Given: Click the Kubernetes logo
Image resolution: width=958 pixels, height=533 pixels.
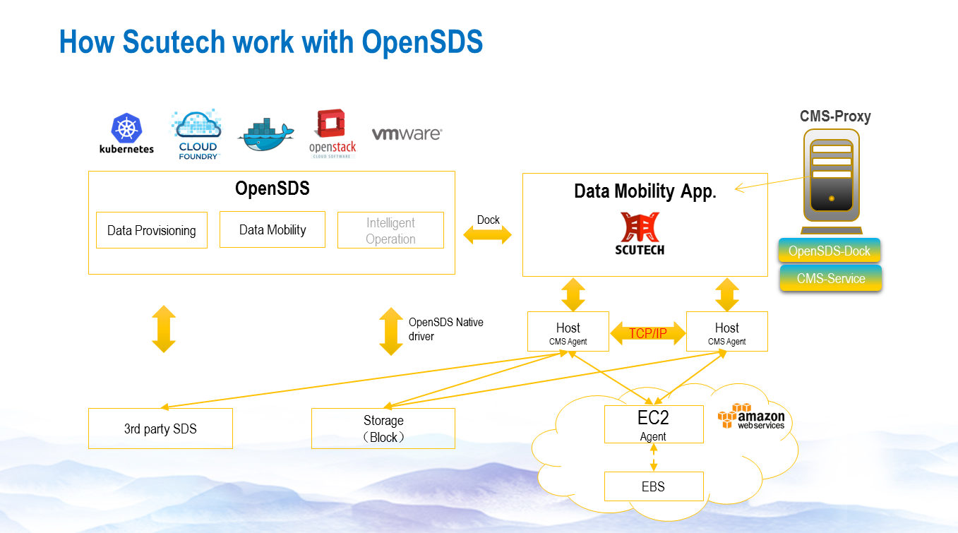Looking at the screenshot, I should pyautogui.click(x=126, y=133).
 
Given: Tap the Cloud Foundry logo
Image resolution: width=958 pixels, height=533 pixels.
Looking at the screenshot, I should pyautogui.click(x=197, y=134).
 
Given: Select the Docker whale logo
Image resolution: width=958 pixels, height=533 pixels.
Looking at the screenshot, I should pyautogui.click(x=267, y=133).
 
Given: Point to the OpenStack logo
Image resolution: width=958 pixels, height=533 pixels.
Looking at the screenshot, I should pyautogui.click(x=333, y=133).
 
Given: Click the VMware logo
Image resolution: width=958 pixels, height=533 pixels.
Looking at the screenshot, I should pyautogui.click(x=407, y=133).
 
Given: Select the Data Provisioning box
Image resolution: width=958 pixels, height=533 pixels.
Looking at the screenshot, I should pyautogui.click(x=151, y=230).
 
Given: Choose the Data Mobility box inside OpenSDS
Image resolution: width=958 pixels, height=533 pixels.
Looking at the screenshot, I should pyautogui.click(x=273, y=229).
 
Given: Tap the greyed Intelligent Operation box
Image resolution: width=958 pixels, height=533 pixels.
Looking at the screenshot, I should pyautogui.click(x=390, y=230).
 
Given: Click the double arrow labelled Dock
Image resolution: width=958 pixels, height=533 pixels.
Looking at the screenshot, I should pyautogui.click(x=488, y=236).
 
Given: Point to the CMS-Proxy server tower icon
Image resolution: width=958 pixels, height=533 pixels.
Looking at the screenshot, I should pyautogui.click(x=832, y=179).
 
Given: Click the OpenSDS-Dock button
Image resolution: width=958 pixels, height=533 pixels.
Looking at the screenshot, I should pyautogui.click(x=830, y=251).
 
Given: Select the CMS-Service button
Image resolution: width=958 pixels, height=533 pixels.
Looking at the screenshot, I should pyautogui.click(x=831, y=278).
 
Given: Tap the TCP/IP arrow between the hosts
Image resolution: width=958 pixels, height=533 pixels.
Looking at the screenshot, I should pyautogui.click(x=647, y=333).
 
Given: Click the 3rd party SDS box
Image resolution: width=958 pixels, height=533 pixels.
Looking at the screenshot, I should pyautogui.click(x=160, y=429).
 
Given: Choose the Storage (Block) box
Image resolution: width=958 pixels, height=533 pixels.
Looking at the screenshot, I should pyautogui.click(x=383, y=429).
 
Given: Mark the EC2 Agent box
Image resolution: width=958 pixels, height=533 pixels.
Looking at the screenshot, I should pyautogui.click(x=654, y=424).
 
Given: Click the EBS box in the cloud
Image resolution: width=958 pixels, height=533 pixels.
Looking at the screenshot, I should pyautogui.click(x=654, y=486).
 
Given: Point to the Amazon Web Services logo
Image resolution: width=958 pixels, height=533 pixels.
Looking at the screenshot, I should pyautogui.click(x=751, y=417).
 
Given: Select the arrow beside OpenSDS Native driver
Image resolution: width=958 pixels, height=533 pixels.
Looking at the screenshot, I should pyautogui.click(x=390, y=330).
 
